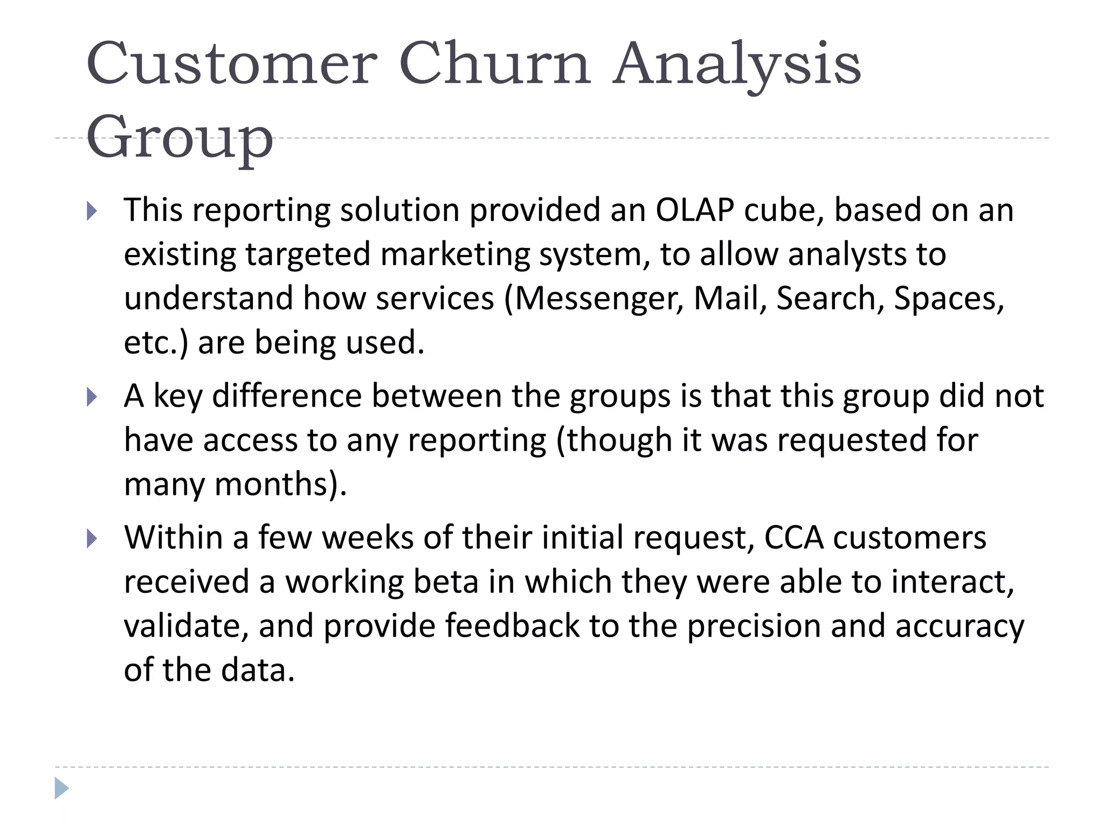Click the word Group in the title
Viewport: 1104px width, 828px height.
pos(180,138)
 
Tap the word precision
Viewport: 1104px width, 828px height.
pos(754,626)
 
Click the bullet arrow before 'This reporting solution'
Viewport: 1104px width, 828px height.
pos(92,211)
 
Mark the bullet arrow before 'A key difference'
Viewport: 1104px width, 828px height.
pos(92,398)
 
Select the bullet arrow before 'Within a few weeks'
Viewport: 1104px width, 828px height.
pos(92,539)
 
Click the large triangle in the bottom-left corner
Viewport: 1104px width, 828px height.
pos(61,789)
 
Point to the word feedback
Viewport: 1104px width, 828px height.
pos(512,626)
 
